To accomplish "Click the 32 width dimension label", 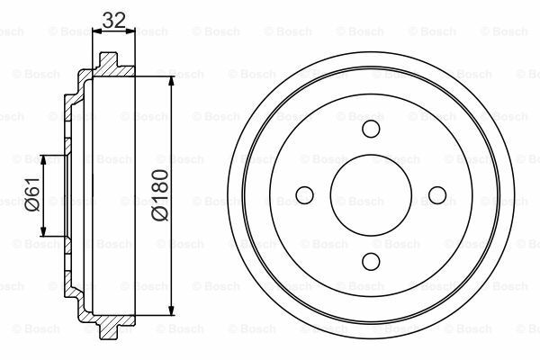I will pyautogui.click(x=113, y=18).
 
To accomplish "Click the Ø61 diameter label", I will pyautogui.click(x=31, y=193).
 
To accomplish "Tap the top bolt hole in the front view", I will pyautogui.click(x=371, y=127).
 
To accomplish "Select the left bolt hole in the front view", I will pyautogui.click(x=303, y=194).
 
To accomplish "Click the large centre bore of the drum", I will pyautogui.click(x=371, y=194).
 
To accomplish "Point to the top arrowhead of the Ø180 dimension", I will pyautogui.click(x=171, y=82).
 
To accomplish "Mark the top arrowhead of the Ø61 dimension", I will pyautogui.click(x=44, y=158).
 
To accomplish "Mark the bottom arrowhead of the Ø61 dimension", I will pyautogui.click(x=44, y=232).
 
